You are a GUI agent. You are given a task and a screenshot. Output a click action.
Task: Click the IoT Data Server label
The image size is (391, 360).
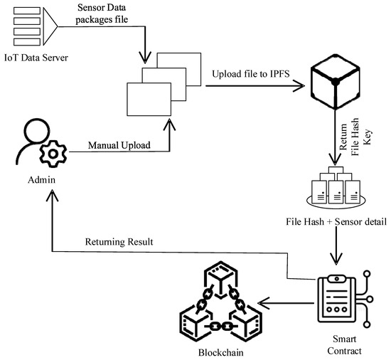pyautogui.click(x=41, y=58)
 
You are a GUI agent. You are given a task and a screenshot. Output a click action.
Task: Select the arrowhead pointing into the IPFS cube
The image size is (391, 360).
pyautogui.click(x=299, y=88)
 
